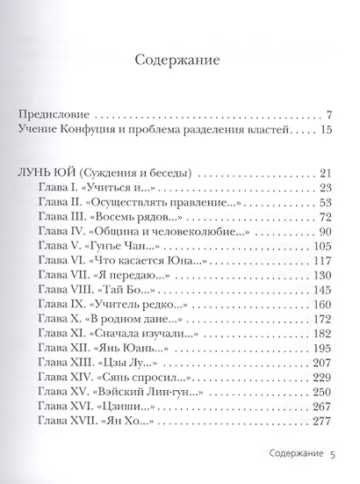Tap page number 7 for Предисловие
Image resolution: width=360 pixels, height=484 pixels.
click(327, 114)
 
